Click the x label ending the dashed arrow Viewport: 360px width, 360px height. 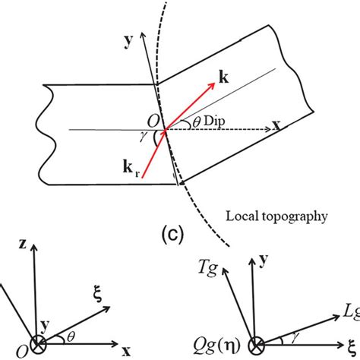pyautogui.click(x=279, y=129)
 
